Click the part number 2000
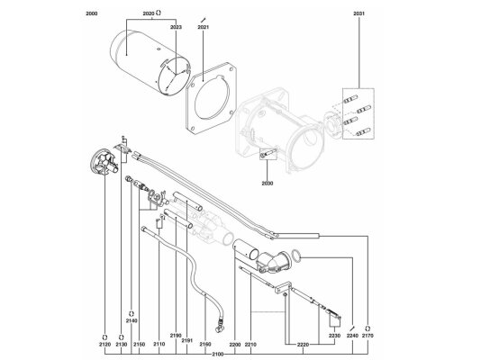[92, 13]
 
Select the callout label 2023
[176, 27]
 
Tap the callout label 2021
[203, 27]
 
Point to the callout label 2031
[358, 13]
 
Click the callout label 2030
[268, 184]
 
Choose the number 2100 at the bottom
[218, 355]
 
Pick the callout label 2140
[132, 320]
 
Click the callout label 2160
[205, 345]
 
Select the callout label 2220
[303, 345]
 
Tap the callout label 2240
[352, 336]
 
